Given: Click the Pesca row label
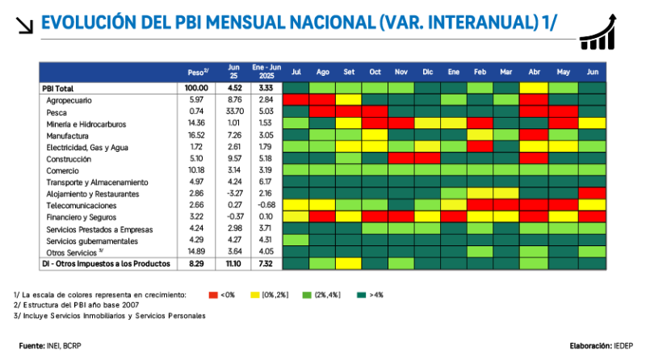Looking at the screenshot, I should [57, 111].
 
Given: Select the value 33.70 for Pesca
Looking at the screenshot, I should [234, 111].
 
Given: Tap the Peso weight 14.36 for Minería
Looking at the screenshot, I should [197, 123].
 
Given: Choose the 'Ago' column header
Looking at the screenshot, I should [323, 71].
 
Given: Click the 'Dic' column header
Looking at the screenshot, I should [427, 71].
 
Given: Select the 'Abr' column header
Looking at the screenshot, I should [532, 71].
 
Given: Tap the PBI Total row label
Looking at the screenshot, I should [57, 87].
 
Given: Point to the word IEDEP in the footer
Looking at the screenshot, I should [624, 345].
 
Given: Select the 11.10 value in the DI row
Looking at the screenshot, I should [234, 263].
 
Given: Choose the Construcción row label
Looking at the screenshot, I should [69, 159].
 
